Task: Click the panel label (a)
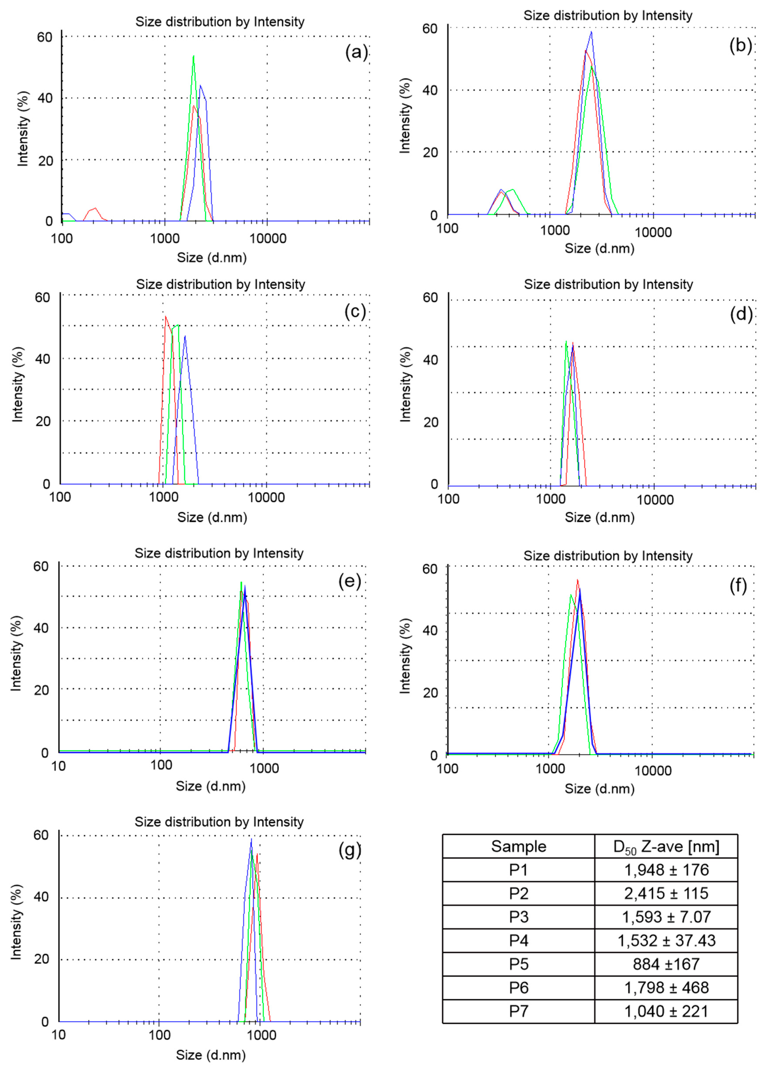356,52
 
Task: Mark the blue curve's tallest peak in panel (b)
591,32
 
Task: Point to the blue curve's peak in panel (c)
185,336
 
